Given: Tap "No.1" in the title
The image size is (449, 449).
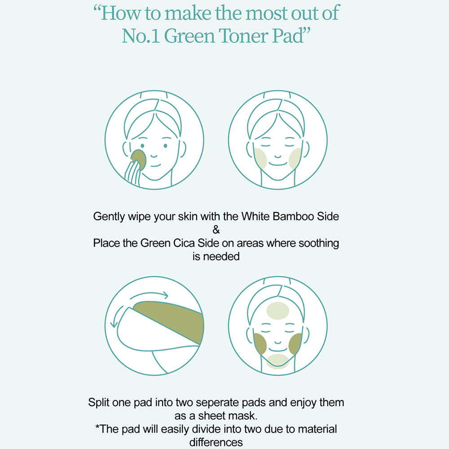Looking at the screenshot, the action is point(141,36).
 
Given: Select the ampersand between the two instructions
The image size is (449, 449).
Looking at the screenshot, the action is point(216,229).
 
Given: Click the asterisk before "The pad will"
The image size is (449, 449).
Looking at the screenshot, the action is point(97,427).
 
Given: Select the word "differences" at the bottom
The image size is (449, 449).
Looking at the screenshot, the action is point(216,442).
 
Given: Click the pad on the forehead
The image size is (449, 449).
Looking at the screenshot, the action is point(277,311).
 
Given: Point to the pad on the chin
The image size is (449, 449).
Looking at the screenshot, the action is point(277,361).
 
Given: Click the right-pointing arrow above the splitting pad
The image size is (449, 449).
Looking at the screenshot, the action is point(149,295).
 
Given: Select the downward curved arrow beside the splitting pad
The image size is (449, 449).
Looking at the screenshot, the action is point(116,316).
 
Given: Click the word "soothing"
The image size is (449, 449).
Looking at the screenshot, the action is point(319,243).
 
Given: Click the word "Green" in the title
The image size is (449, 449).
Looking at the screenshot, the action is point(189,36).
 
